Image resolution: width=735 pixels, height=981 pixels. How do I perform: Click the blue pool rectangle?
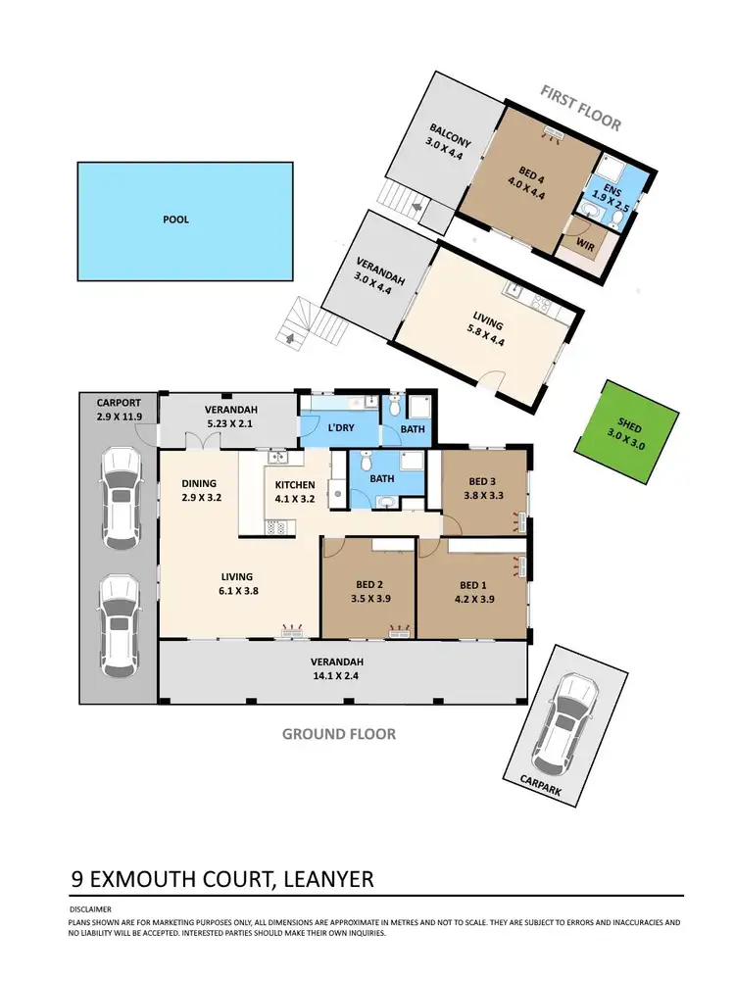click(x=185, y=220)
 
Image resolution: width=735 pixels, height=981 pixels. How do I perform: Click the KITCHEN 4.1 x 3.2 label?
click(x=294, y=492)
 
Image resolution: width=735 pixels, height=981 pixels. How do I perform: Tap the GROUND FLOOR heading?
click(x=339, y=734)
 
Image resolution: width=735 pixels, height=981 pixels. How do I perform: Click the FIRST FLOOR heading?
click(x=582, y=108)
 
